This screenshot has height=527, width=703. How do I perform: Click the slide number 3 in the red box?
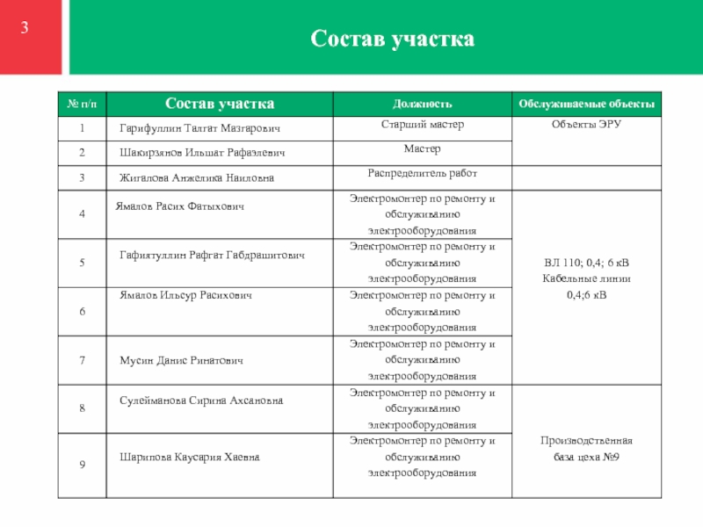point(25,28)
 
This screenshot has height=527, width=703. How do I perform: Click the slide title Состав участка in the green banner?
point(392,39)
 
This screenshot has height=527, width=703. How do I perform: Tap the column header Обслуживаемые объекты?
point(586,105)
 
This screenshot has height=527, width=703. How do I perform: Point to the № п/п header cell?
point(81,105)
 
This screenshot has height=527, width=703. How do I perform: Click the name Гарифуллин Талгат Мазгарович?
point(199,129)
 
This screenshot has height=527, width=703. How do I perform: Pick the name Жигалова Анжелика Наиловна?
point(197,177)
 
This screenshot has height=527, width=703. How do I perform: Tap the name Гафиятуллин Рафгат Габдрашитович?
point(212,255)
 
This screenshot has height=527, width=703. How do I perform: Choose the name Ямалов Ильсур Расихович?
point(185,296)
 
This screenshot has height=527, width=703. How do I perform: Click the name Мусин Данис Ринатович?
point(181,361)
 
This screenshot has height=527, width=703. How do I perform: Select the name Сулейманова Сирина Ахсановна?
point(201,401)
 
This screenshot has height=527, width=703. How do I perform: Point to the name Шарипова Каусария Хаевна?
point(190,457)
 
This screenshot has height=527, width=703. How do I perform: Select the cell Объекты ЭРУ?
point(586,126)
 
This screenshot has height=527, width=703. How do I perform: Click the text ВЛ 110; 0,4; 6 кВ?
point(586,263)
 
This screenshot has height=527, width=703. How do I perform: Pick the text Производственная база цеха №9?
point(586,448)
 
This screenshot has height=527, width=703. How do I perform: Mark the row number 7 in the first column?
point(81,360)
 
